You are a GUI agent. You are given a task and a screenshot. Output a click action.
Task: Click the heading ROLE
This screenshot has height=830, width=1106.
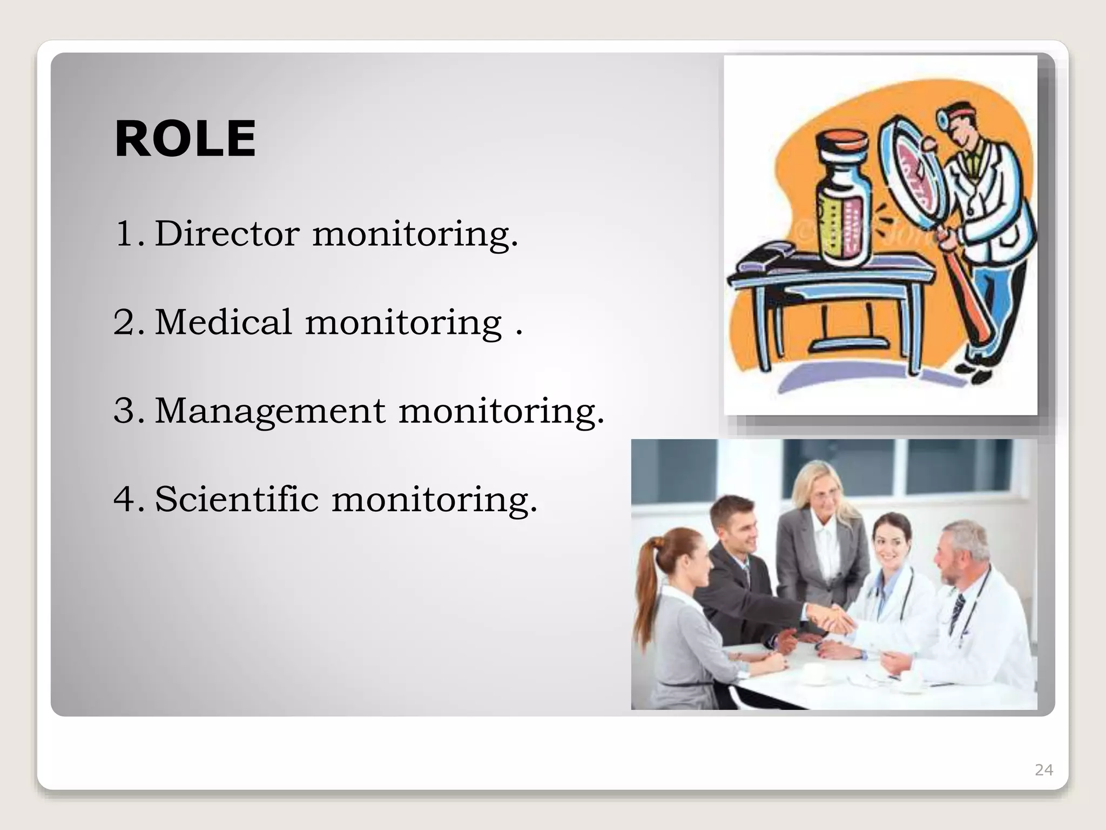[x=185, y=139]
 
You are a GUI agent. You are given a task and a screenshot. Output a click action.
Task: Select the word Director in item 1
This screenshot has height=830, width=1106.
[x=227, y=233]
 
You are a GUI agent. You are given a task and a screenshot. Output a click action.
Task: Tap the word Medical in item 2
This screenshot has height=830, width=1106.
[x=224, y=322]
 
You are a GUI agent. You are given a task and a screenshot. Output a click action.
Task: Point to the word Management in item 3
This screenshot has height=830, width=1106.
[x=270, y=411]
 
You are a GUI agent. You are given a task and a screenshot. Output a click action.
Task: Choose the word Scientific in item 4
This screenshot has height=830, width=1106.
[x=237, y=499]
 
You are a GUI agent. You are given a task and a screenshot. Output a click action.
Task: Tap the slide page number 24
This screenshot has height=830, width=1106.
[x=1043, y=770]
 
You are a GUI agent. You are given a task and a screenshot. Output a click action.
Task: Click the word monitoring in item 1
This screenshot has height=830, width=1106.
[x=415, y=233]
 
